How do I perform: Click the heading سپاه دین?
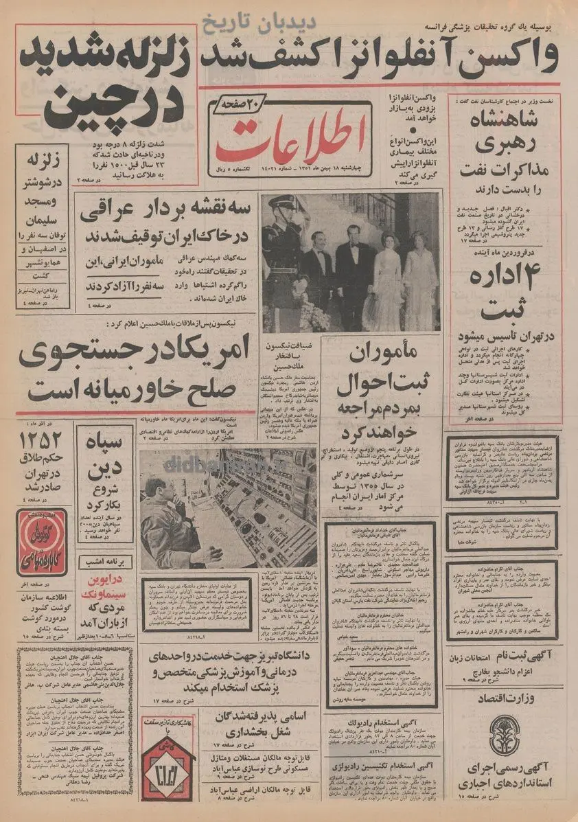(x=104, y=457)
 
